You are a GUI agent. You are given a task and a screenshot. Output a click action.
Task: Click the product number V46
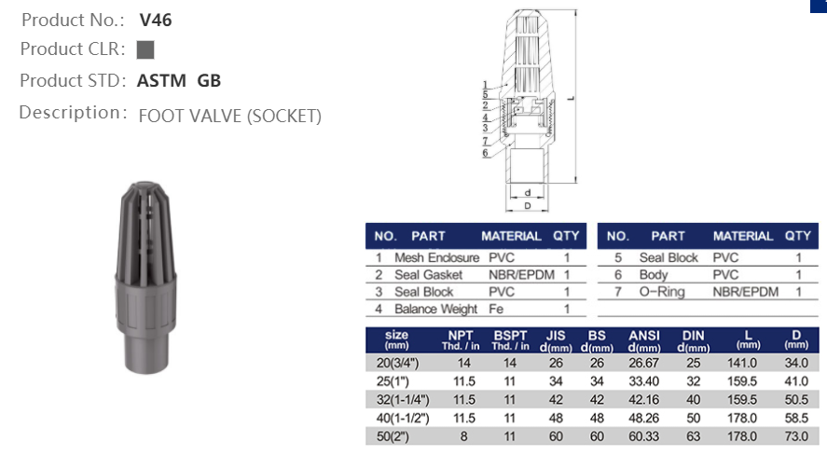click(x=155, y=19)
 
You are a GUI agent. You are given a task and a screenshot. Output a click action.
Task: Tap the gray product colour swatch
click(x=145, y=49)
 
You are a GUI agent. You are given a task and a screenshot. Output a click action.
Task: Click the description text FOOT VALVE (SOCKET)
click(x=229, y=116)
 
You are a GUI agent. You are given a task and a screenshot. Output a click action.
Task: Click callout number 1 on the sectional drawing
click(x=486, y=85)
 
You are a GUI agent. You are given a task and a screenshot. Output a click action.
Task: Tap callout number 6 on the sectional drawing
click(x=486, y=152)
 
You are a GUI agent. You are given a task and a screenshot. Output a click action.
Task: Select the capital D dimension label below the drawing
click(x=528, y=205)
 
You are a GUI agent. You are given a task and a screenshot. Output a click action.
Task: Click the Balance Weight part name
click(x=435, y=309)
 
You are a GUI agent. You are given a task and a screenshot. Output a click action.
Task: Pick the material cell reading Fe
click(x=495, y=309)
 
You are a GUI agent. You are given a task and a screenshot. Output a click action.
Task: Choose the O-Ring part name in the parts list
click(x=662, y=292)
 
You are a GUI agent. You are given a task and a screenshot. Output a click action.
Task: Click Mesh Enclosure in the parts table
click(x=436, y=257)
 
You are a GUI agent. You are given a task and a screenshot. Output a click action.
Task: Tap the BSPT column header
click(x=510, y=336)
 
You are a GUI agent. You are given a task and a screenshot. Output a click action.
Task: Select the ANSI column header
click(x=644, y=336)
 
